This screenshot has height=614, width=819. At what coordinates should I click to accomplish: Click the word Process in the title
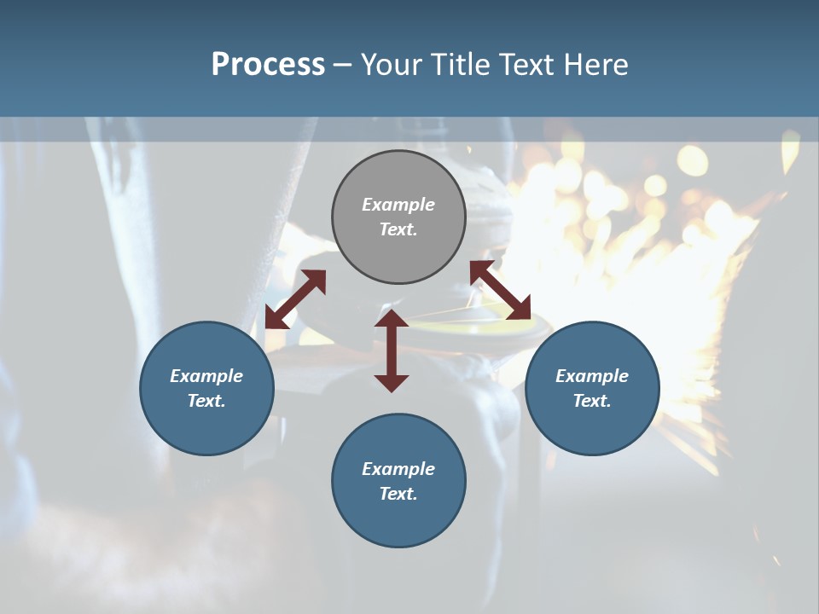point(268,65)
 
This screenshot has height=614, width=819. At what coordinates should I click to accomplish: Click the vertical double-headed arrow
point(392,350)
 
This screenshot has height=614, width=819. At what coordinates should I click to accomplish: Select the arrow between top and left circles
point(295,299)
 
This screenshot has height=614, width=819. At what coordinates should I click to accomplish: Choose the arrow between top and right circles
point(500,291)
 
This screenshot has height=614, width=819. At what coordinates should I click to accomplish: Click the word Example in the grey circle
point(398,205)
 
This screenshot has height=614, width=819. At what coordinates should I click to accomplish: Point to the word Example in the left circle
point(206,376)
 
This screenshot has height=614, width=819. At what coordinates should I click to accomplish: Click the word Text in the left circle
point(206,401)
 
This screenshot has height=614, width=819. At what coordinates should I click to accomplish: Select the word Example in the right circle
point(592,376)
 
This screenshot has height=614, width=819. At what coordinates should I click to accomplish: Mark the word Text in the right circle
point(591,401)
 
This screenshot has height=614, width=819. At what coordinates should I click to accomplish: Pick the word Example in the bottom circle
point(398,469)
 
